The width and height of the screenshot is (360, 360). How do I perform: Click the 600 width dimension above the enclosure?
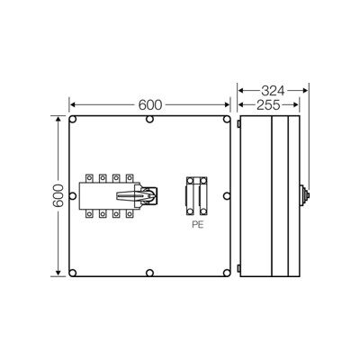click(150, 105)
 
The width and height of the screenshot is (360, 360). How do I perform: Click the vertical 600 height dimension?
click(58, 195)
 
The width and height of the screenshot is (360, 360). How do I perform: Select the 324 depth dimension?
click(273, 90)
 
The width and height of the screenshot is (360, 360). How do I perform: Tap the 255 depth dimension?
click(268, 105)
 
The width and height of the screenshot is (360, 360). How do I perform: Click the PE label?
click(198, 225)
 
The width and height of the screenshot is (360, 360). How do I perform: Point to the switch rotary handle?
click(137, 195)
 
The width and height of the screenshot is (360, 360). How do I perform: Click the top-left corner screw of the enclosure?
click(73, 120)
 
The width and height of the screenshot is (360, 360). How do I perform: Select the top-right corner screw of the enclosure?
click(227, 120)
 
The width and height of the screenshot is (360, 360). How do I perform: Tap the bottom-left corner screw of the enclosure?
click(73, 273)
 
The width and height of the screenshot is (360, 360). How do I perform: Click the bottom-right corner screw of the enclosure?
click(227, 273)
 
